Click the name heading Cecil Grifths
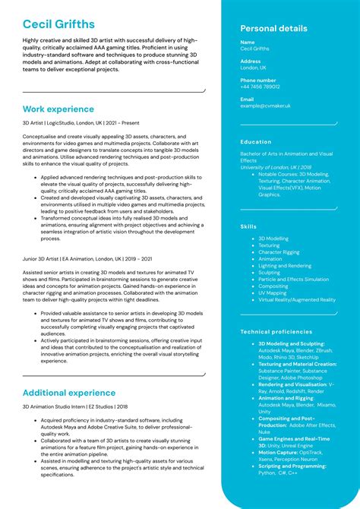[58, 24]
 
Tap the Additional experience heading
[69, 393]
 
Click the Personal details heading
[273, 29]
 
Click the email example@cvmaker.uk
[266, 106]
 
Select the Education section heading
[256, 142]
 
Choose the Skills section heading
[248, 226]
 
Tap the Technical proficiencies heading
[276, 332]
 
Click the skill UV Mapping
[273, 292]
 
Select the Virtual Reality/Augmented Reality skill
[296, 299]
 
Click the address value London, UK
[253, 68]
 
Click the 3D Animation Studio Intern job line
[75, 406]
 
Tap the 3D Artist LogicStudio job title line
[81, 122]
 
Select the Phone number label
[258, 80]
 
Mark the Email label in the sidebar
[247, 99]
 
